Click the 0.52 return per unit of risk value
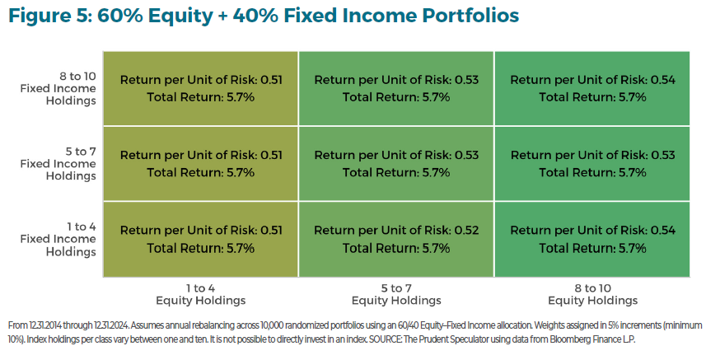click(x=465, y=231)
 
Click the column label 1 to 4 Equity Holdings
click(x=200, y=294)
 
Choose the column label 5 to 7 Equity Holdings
click(x=396, y=294)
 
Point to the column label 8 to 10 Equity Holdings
click(x=591, y=294)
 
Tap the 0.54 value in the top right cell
click(x=662, y=80)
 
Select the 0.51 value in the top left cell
click(x=271, y=80)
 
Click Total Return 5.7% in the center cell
click(x=396, y=172)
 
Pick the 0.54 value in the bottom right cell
click(x=662, y=231)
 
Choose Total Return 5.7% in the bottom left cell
click(x=200, y=248)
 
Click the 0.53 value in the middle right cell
click(x=662, y=155)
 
